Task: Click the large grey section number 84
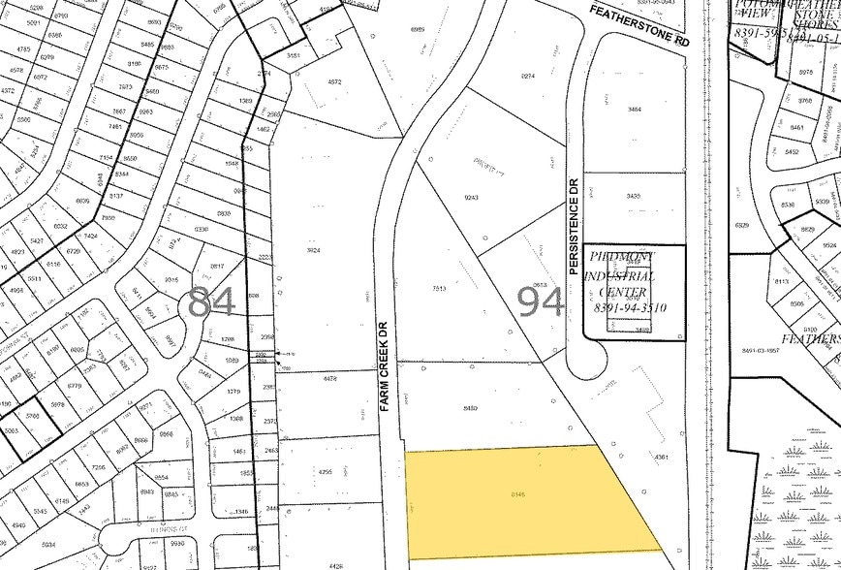211,302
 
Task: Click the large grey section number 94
542,302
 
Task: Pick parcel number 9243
472,197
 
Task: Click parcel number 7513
439,288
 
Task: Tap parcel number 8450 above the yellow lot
471,408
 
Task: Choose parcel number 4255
325,472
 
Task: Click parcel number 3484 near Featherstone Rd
634,110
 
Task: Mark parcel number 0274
528,75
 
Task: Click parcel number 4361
662,457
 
